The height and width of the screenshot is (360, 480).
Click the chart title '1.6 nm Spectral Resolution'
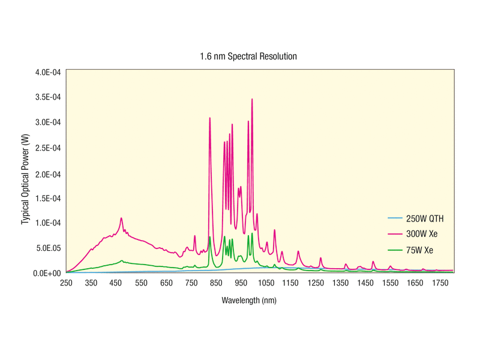tap(248, 56)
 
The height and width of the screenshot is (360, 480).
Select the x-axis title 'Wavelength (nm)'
tap(249, 299)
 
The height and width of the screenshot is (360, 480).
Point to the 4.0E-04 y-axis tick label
tap(48, 72)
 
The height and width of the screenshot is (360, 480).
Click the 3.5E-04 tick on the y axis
tap(48, 97)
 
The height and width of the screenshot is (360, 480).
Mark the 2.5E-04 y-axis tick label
tap(48, 148)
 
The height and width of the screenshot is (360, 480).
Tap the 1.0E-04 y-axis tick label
tap(48, 223)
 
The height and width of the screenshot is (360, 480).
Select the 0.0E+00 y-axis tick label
tap(47, 273)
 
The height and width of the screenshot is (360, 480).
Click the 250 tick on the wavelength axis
tap(66, 283)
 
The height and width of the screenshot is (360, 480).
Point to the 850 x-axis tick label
tap(216, 283)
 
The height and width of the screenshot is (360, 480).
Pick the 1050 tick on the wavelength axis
tap(266, 283)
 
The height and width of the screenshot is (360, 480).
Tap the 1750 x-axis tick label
tap(441, 283)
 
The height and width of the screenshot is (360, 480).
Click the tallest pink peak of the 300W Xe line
tap(252, 99)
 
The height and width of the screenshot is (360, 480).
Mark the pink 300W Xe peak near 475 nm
tap(121, 218)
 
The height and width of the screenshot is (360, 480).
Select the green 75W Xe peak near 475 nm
tap(122, 260)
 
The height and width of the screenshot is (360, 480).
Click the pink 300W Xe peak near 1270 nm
tap(321, 258)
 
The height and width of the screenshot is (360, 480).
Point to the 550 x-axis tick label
tap(141, 283)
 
